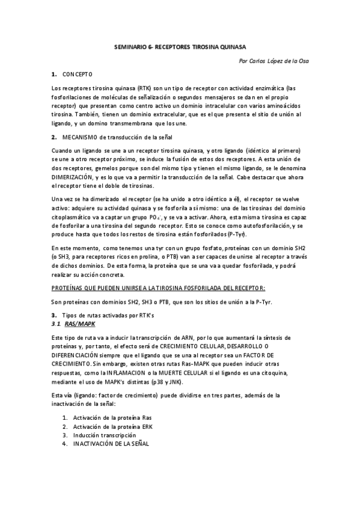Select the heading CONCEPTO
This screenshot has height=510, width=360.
click(77, 74)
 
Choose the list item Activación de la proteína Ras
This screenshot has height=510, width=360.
click(113, 417)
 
